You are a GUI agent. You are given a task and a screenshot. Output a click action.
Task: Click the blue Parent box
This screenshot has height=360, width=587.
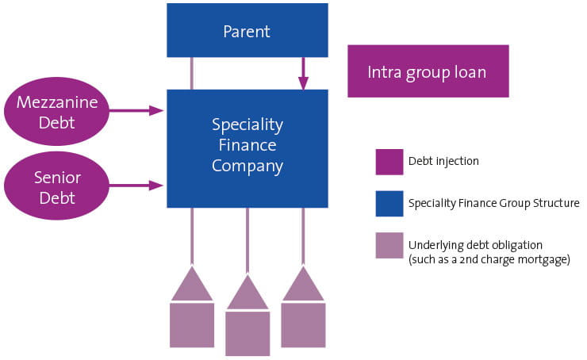247,32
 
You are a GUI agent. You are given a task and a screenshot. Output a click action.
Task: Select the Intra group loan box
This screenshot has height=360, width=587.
428,71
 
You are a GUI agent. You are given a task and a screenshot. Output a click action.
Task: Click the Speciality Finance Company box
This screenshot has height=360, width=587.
247,147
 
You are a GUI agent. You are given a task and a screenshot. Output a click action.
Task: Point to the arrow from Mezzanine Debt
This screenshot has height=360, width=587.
136,111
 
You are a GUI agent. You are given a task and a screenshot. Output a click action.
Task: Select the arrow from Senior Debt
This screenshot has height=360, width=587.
136,186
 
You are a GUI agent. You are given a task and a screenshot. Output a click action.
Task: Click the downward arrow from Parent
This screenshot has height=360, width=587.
303,74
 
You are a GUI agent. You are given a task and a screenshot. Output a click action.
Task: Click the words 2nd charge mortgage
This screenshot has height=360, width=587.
528,259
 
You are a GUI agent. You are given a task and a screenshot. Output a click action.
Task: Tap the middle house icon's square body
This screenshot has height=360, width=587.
247,333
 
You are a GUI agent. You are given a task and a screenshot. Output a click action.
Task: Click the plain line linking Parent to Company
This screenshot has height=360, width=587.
192,73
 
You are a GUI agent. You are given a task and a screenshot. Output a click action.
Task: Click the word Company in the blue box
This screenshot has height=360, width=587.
247,167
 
